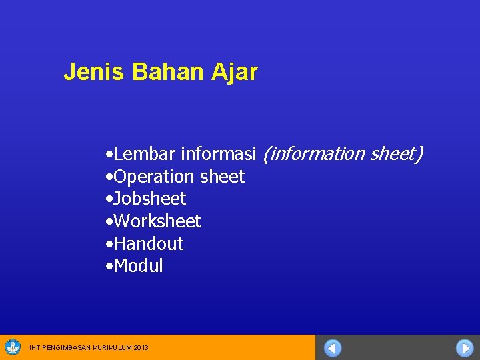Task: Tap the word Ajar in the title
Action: tap(235, 72)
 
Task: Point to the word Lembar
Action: tap(145, 155)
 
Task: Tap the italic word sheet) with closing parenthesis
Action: tap(396, 155)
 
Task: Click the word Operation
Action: tap(155, 177)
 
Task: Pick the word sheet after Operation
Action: tap(222, 177)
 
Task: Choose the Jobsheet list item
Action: tap(149, 199)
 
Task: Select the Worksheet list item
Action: tap(157, 221)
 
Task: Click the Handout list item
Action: tap(148, 244)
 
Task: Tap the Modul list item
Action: tap(138, 266)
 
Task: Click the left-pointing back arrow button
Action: tap(333, 348)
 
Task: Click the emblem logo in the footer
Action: tap(13, 347)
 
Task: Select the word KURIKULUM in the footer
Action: tap(114, 348)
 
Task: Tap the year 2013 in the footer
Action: tap(141, 348)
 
